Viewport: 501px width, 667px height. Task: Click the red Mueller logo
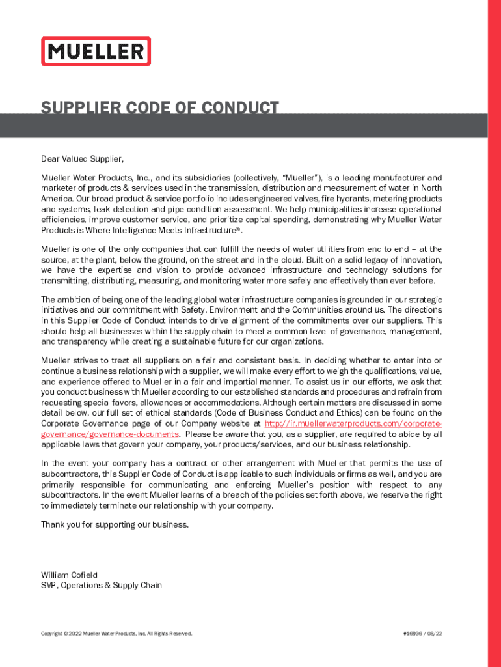[x=96, y=51]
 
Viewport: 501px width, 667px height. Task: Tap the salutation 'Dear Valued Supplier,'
[x=82, y=159]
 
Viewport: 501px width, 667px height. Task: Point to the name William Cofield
[x=69, y=575]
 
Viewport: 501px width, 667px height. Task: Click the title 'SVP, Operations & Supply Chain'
[x=102, y=586]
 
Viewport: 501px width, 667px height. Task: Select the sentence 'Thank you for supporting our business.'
[x=115, y=524]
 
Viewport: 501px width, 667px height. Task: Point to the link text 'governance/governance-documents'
[x=110, y=434]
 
